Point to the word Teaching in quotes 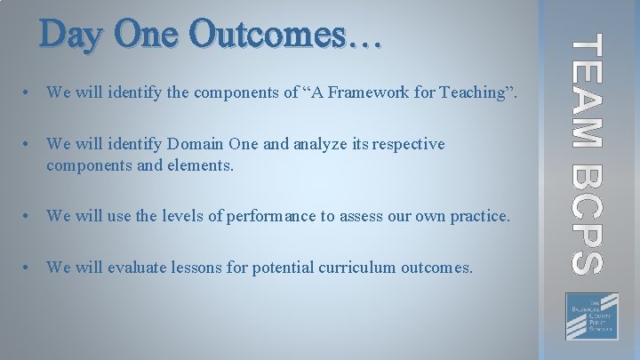[x=472, y=92]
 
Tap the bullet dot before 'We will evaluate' [x=30, y=268]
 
